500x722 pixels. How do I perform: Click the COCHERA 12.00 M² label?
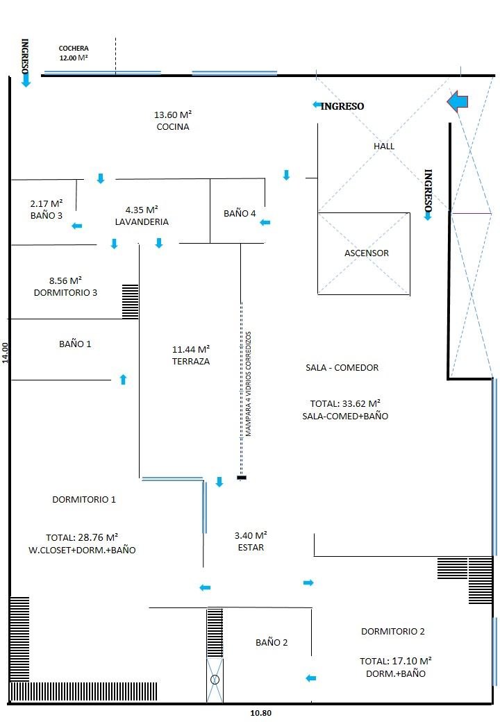pos(74,53)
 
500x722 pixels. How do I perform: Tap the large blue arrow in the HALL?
pos(458,101)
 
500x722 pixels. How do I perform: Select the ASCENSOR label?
pos(367,253)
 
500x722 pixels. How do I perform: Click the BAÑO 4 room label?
pos(240,213)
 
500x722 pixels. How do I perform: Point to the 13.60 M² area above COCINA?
pos(173,115)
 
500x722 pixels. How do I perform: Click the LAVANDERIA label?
pos(142,222)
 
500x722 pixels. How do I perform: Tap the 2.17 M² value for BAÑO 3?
pos(47,203)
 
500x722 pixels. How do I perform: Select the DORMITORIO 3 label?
pos(65,292)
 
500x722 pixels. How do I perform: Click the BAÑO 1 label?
pos(75,344)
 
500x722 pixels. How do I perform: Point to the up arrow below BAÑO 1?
pos(123,379)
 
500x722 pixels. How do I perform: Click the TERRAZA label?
pos(190,362)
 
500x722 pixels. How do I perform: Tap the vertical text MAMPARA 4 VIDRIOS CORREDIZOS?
pos(249,384)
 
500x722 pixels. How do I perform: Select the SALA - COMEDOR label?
pos(342,367)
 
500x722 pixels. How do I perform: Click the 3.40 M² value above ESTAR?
pos(251,535)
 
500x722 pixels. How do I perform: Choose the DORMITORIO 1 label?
pos(84,499)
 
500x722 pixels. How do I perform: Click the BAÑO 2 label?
pos(272,642)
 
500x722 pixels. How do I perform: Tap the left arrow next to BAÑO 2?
pos(311,678)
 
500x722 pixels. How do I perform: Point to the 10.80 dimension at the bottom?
pos(260,713)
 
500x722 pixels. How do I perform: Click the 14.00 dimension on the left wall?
pos(5,353)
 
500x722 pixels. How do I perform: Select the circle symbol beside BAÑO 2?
pos(215,679)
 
